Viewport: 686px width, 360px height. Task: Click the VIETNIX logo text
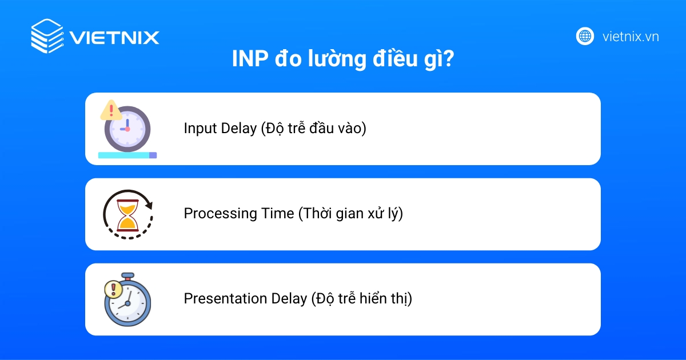(114, 37)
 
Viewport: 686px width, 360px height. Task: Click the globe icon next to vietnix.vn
(585, 37)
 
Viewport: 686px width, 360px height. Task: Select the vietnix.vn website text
(631, 37)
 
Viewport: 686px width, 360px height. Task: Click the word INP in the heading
(249, 59)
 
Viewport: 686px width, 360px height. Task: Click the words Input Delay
(220, 129)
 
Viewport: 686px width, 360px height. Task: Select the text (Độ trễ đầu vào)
(313, 129)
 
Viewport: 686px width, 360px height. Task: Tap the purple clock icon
(127, 129)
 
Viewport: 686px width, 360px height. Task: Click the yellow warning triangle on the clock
(110, 110)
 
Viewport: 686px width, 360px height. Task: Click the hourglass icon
(127, 214)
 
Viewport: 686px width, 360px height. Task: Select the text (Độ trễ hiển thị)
(361, 299)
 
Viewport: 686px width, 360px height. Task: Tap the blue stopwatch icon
(129, 301)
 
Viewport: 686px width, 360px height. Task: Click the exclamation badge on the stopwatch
(113, 289)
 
